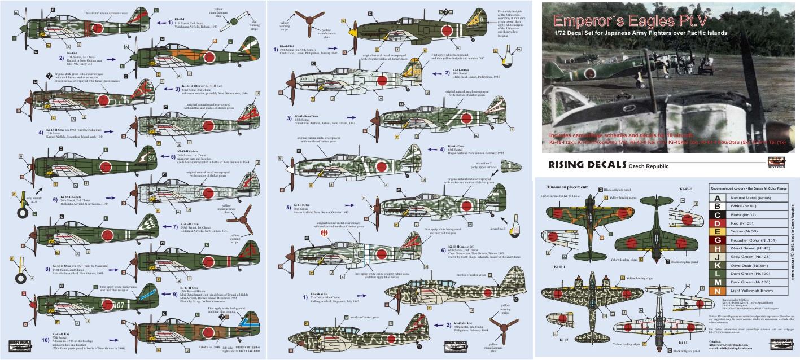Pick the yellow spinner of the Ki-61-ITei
point(353,33)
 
